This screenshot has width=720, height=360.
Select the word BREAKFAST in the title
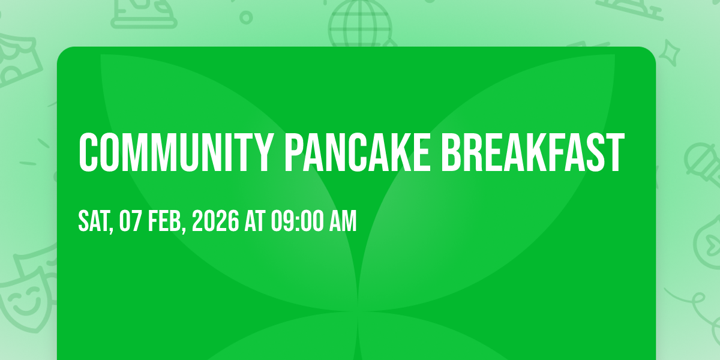coord(533,152)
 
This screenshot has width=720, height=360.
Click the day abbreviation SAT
coord(94,221)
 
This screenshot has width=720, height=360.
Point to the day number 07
coord(130,221)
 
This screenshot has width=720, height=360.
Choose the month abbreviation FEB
coord(165,221)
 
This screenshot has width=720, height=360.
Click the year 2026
coord(215,221)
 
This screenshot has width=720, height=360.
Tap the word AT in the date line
coord(254,221)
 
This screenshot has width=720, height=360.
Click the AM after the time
coord(343,221)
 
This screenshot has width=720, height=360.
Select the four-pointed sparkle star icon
coord(670,53)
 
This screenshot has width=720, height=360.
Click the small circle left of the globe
coord(246,17)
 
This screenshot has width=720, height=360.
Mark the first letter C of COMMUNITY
coord(88,152)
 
